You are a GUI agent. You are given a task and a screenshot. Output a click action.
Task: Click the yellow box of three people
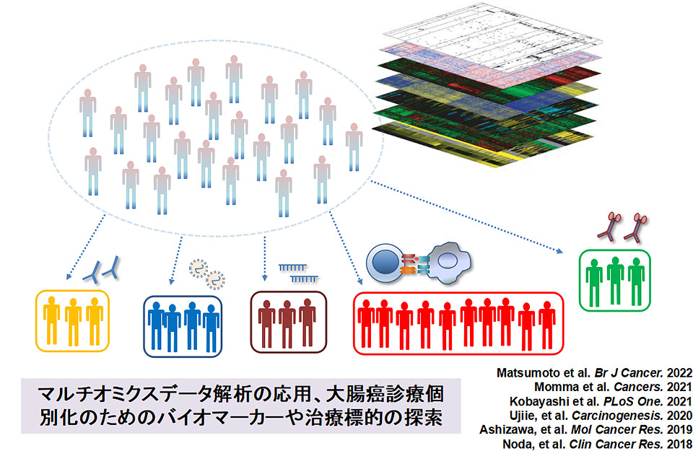(73, 321)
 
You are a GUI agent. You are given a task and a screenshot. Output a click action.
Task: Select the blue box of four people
(183, 325)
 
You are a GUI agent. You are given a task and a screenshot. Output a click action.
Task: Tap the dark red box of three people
(288, 323)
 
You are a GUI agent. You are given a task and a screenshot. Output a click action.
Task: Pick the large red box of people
(458, 323)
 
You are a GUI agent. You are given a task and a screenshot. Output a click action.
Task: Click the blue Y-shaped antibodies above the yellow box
(103, 271)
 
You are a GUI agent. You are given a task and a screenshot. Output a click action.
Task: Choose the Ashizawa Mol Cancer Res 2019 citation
(586, 429)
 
